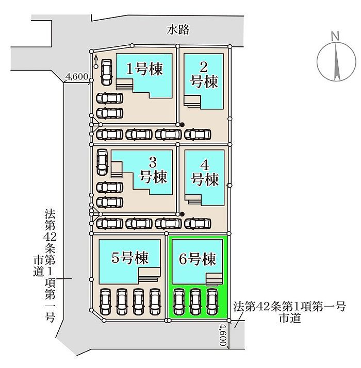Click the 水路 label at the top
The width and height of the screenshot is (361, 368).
click(178, 30)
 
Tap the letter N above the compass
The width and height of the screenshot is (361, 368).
click(335, 36)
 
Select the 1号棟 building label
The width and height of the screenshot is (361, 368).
click(145, 69)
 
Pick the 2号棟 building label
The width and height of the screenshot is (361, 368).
click(204, 74)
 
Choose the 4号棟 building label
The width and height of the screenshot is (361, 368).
click(205, 173)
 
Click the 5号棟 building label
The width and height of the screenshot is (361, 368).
click(130, 258)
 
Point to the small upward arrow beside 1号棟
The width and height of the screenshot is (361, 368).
click(96, 61)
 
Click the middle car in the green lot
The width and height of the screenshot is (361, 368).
click(195, 301)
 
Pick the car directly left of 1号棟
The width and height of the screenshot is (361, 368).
click(106, 72)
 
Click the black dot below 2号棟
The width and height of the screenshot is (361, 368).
click(182, 124)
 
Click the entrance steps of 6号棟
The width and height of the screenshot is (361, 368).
click(213, 279)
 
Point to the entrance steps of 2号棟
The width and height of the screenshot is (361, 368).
click(192, 101)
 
